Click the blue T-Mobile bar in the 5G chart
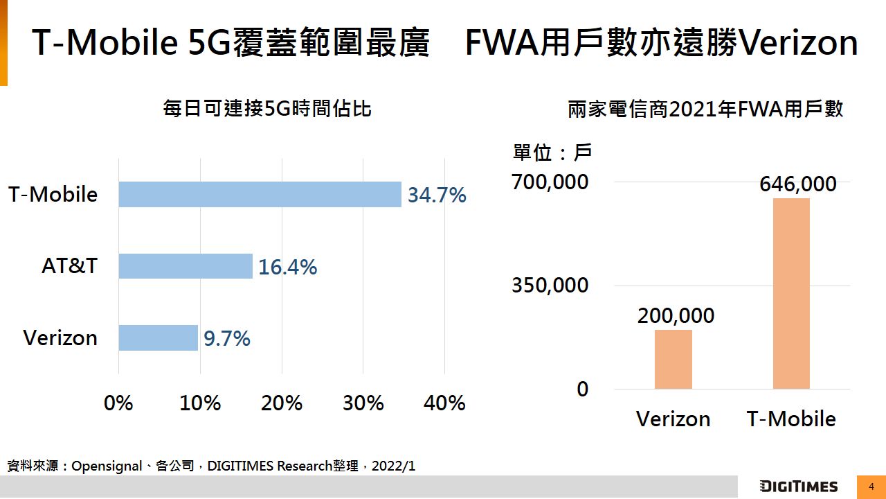(260, 195)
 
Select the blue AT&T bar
(186, 266)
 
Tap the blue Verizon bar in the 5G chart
(158, 338)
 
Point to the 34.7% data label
(437, 195)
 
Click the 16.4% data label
(287, 267)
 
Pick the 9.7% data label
(226, 339)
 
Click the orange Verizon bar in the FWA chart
(673, 359)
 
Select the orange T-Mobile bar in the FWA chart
(791, 293)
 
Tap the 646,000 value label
(797, 184)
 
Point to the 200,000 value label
(676, 316)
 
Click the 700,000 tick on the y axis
(550, 182)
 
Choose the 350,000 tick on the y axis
(550, 286)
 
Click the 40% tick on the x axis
(444, 403)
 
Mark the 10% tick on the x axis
(200, 403)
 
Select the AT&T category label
(69, 266)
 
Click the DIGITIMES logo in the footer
(798, 487)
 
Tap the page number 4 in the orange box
(871, 487)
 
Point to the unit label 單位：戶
(552, 152)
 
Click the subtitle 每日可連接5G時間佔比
(267, 109)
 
